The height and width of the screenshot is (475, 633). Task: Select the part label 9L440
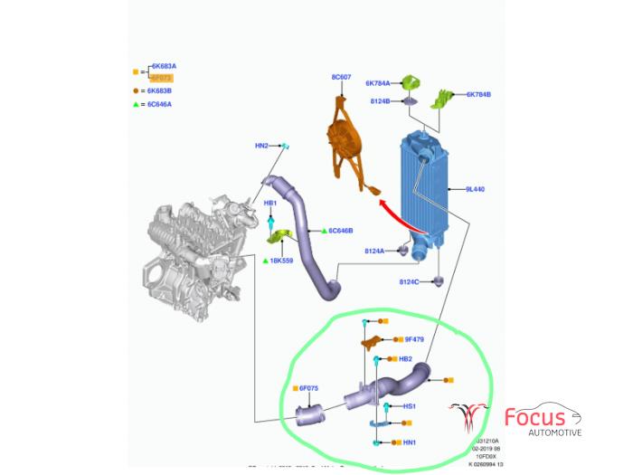point(476,190)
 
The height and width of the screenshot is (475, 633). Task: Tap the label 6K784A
point(378,83)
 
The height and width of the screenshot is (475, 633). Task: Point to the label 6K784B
point(478,94)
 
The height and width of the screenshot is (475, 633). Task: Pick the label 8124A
point(375,251)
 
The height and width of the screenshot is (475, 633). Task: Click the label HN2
point(261,146)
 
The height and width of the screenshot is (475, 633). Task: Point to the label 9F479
point(414,339)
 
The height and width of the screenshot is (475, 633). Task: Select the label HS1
point(410,406)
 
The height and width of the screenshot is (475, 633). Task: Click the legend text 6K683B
point(164,91)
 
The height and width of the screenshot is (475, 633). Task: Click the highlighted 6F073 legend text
point(162,79)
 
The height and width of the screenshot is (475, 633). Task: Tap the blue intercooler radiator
point(424,185)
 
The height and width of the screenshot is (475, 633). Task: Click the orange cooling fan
point(345,145)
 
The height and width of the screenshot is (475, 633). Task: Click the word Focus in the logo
point(535,418)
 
